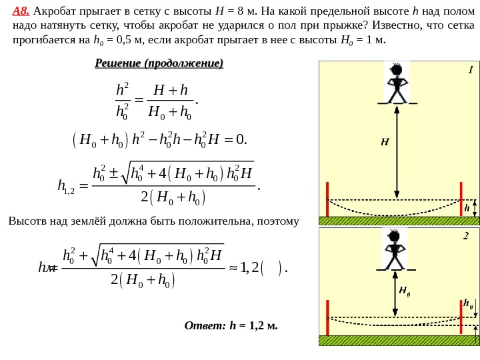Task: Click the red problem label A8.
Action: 21,11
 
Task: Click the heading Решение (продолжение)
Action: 159,63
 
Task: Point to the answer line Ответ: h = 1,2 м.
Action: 231,326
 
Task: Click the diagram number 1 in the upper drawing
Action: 470,69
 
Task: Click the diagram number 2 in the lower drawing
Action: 466,235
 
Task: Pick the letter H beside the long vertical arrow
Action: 385,141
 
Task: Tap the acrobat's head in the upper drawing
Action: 396,69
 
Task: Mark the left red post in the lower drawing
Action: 327,317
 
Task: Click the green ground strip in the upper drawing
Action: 399,221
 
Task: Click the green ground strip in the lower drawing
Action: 399,340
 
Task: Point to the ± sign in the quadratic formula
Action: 114,175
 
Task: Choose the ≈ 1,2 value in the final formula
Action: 246,268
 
